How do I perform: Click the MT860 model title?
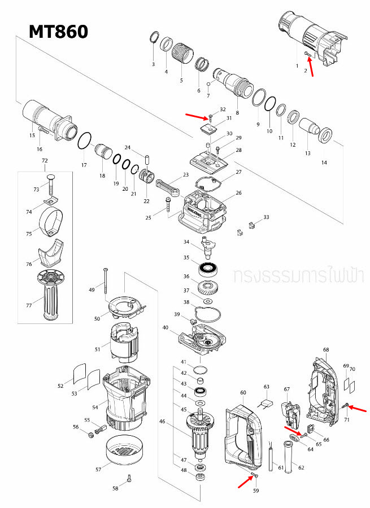tap(59, 32)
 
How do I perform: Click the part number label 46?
tap(163, 421)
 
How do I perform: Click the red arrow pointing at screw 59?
tap(243, 480)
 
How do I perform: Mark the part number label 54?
tap(95, 408)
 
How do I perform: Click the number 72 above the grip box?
tap(45, 161)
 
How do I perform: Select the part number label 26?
tap(238, 193)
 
